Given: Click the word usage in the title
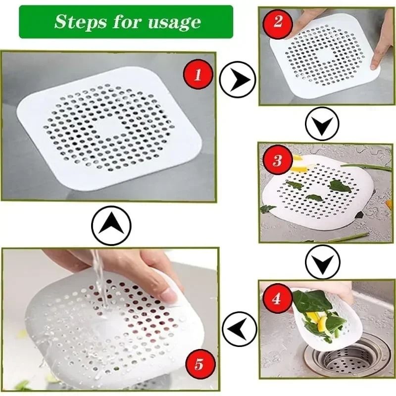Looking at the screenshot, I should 176,22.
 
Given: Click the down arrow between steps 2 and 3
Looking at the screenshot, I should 322,124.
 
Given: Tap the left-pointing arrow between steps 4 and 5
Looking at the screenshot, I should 239,328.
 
